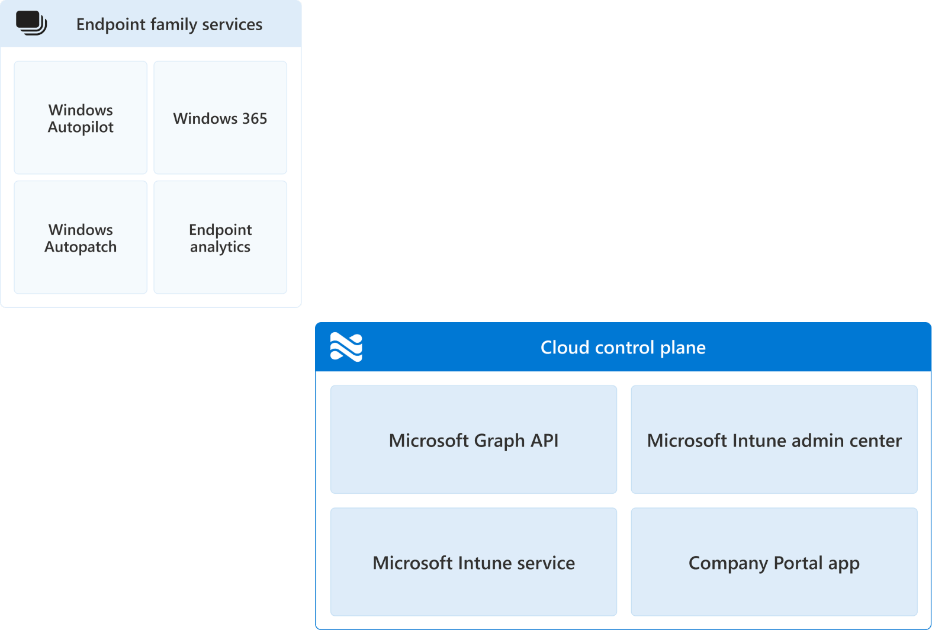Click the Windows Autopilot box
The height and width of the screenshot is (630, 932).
(x=81, y=118)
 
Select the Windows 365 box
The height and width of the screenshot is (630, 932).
(x=220, y=118)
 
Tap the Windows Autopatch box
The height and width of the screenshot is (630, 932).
(x=81, y=237)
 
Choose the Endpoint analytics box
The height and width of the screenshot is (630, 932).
(x=220, y=237)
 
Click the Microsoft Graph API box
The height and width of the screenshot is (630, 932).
(x=474, y=439)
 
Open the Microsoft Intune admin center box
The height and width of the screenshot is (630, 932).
(x=774, y=439)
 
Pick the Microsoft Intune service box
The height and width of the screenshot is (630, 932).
(x=474, y=562)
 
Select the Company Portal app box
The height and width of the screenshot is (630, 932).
(x=774, y=562)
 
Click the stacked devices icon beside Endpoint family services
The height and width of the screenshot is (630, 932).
(x=31, y=23)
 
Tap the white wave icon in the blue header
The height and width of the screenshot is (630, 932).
(x=346, y=347)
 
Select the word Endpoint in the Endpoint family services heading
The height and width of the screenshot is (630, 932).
(x=111, y=24)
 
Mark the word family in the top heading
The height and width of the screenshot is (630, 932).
(x=173, y=24)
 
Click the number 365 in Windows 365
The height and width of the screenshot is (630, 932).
(x=255, y=118)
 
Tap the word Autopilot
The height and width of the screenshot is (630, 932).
(x=81, y=127)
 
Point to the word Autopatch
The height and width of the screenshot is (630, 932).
(x=81, y=247)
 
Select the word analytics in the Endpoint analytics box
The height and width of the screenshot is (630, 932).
(x=220, y=247)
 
